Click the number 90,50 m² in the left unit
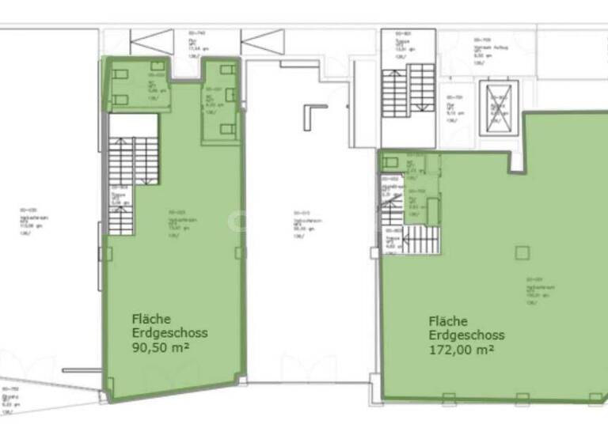[x=161, y=347]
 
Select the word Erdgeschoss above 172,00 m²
[x=466, y=335]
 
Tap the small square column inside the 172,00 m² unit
[x=521, y=252]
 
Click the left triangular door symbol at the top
[x=152, y=41]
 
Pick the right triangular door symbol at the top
[x=262, y=41]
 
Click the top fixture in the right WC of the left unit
[x=227, y=70]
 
